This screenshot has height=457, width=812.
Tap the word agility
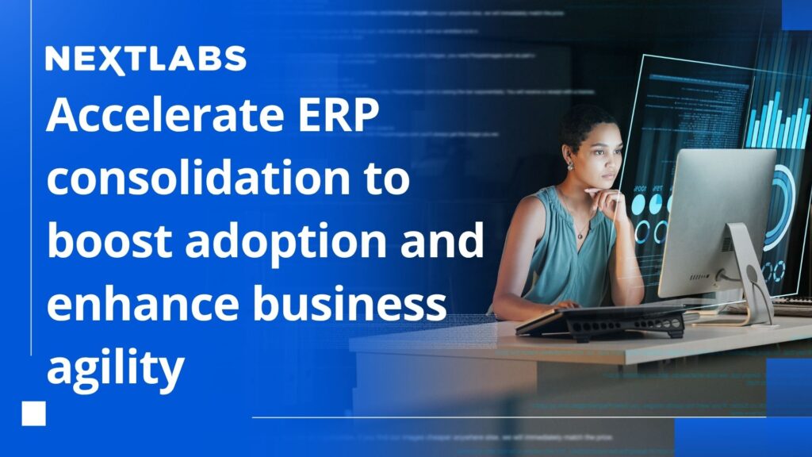115,366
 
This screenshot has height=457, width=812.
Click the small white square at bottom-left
34,413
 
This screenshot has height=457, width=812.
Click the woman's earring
569,166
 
